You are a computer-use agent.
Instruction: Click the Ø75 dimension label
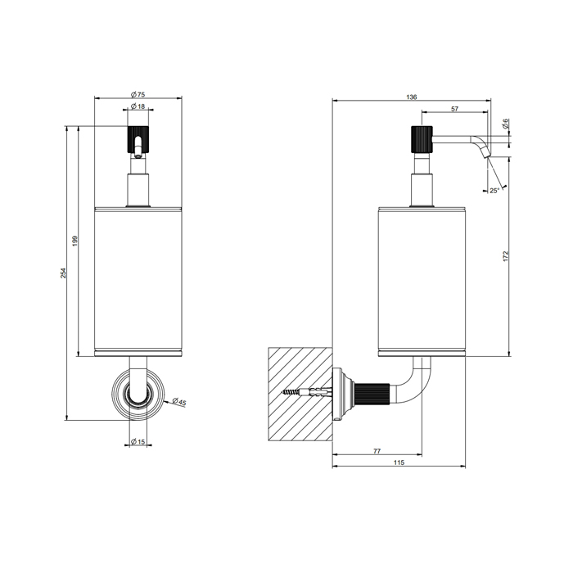click(x=138, y=95)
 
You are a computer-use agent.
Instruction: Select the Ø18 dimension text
click(x=138, y=106)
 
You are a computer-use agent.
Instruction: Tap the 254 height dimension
click(x=63, y=273)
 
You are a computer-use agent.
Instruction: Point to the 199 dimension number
click(x=75, y=241)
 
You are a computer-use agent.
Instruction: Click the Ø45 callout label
click(x=179, y=402)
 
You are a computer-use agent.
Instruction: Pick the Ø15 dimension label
click(x=138, y=441)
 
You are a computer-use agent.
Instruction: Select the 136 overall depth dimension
click(x=412, y=97)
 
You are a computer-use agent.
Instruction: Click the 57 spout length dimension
click(x=454, y=109)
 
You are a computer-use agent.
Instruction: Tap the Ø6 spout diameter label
click(x=506, y=124)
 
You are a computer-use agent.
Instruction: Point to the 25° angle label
click(x=494, y=191)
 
